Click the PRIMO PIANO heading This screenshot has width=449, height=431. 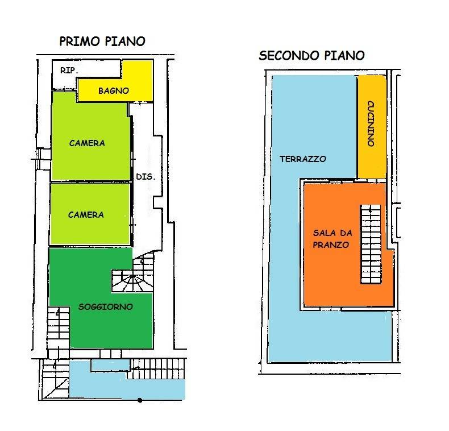click(x=102, y=42)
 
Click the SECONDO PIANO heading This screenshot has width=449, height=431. click(x=311, y=55)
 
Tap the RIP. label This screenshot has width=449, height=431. click(x=69, y=70)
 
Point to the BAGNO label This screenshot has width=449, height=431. click(x=114, y=91)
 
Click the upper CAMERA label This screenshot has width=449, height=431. click(x=87, y=143)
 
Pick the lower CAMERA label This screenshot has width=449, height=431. click(x=86, y=214)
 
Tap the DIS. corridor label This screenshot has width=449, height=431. click(x=145, y=176)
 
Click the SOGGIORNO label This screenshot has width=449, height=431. click(x=106, y=306)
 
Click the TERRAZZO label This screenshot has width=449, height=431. click(x=303, y=159)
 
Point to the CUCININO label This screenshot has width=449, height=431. click(x=371, y=123)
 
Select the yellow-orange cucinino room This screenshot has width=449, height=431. click(x=372, y=127)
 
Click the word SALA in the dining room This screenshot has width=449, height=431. click(x=325, y=233)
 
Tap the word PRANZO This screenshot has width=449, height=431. click(x=331, y=244)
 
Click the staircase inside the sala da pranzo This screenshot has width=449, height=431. click(x=371, y=244)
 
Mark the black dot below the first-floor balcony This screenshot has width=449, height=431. click(x=140, y=400)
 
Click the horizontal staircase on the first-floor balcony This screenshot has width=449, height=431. click(x=157, y=369)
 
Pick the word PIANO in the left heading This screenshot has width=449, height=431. click(x=125, y=42)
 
